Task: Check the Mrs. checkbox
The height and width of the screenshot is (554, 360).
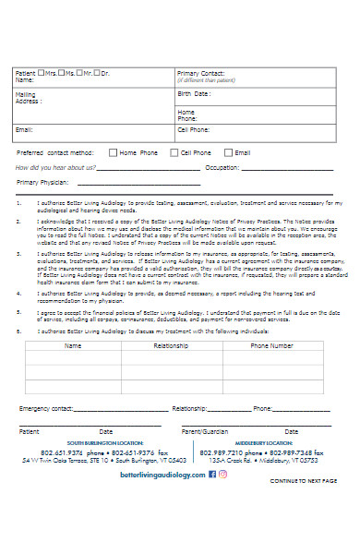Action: coord(44,72)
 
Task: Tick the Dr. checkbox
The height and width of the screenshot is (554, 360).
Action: coord(96,72)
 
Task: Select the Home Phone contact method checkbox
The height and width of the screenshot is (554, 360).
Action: coord(113,152)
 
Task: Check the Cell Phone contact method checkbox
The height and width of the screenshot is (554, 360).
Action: coord(173,152)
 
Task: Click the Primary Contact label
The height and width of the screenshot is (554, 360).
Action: coord(200,72)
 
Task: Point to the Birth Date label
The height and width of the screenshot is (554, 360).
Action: coord(193,94)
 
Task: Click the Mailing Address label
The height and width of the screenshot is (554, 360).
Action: coord(29,98)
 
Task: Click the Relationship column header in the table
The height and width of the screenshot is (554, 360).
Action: coord(171,345)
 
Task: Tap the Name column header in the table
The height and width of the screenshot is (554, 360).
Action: coord(73,345)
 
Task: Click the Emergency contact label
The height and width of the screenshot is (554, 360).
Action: coord(46,408)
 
